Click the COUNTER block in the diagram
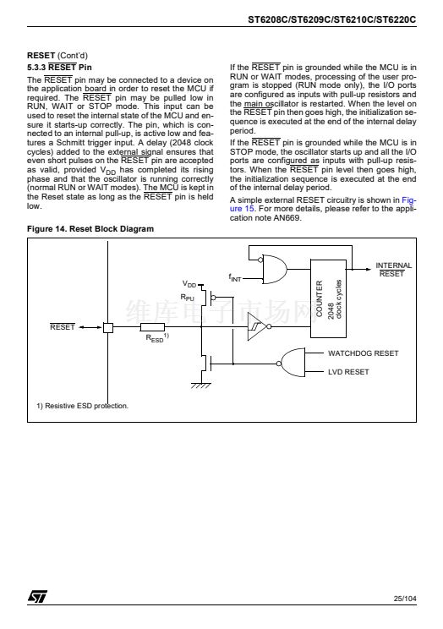pos(328,298)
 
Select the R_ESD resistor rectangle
pos(152,327)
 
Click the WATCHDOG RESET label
pos(364,353)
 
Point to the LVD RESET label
pos(348,372)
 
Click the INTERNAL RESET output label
pos(393,270)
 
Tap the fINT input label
pos(235,277)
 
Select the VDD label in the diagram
pos(189,284)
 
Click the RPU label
pos(187,298)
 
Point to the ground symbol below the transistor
pos(200,386)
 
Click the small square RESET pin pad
pos(108,327)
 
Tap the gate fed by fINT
pos(275,269)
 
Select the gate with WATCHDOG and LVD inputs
pos(293,363)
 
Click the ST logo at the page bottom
pos(37,597)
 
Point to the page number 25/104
pos(405,599)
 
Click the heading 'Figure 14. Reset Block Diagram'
pos(90,229)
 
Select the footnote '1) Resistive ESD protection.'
pos(82,406)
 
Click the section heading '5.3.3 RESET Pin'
pos(59,68)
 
